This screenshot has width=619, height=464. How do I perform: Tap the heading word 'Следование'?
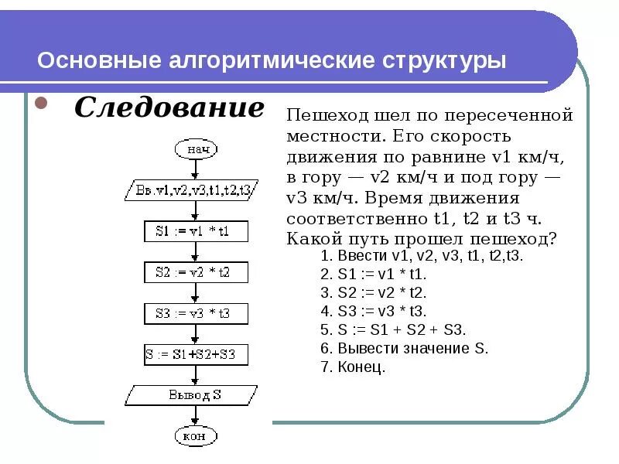tap(169, 108)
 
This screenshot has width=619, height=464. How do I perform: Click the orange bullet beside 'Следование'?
tap(43, 103)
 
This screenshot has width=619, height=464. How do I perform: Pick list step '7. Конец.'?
tap(352, 367)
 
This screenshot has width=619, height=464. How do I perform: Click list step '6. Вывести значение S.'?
tap(404, 348)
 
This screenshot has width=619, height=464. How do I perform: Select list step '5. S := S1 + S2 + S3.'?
tap(393, 329)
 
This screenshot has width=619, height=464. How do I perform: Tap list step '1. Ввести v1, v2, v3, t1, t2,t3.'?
tap(422, 255)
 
